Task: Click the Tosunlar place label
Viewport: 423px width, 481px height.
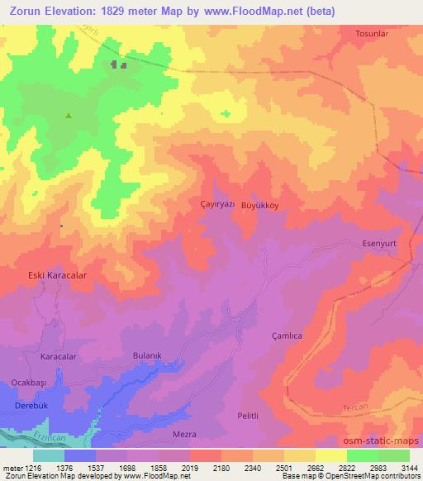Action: tap(371, 34)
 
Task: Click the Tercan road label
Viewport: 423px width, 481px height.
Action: tap(353, 409)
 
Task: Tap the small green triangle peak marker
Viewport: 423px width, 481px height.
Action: tap(68, 116)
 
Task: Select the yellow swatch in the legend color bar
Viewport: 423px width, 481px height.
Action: tap(331, 455)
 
